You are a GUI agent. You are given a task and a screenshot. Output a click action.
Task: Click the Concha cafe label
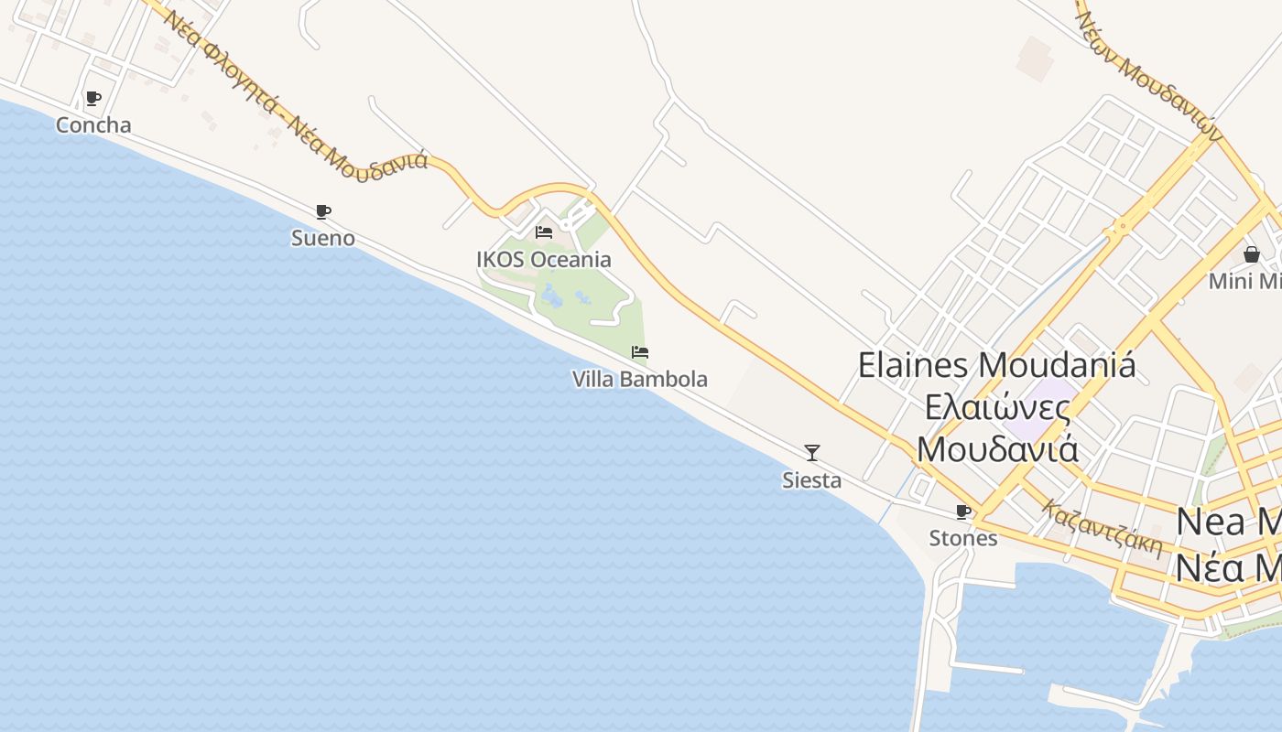click(x=93, y=125)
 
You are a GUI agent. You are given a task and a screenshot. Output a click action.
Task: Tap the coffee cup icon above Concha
click(x=92, y=98)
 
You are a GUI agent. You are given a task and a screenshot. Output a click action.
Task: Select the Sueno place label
click(x=322, y=239)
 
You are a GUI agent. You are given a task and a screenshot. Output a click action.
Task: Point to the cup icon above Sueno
click(x=323, y=212)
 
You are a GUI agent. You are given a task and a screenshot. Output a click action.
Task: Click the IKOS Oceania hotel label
click(x=544, y=260)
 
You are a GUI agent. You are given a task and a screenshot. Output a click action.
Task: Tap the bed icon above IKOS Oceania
click(x=544, y=232)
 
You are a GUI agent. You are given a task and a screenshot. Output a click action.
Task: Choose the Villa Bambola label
click(x=640, y=379)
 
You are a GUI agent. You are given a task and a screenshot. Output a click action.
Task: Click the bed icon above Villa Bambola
click(x=640, y=352)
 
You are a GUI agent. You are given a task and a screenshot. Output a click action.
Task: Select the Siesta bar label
click(x=811, y=480)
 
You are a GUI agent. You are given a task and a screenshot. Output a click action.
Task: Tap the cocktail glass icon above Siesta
click(x=811, y=452)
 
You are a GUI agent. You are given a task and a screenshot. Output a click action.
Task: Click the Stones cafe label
click(x=963, y=538)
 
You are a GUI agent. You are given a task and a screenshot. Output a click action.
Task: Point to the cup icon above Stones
click(x=963, y=511)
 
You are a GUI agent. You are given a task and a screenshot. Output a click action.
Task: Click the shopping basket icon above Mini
click(x=1252, y=254)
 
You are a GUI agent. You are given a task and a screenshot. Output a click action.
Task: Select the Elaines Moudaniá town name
click(x=996, y=365)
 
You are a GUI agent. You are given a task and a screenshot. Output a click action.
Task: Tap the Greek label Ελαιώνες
click(x=997, y=407)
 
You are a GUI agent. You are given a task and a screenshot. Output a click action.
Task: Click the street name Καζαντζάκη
click(x=1102, y=529)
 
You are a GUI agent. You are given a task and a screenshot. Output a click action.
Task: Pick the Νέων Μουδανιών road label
click(x=1149, y=75)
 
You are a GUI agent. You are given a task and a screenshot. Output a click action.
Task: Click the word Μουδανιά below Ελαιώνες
click(x=997, y=449)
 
